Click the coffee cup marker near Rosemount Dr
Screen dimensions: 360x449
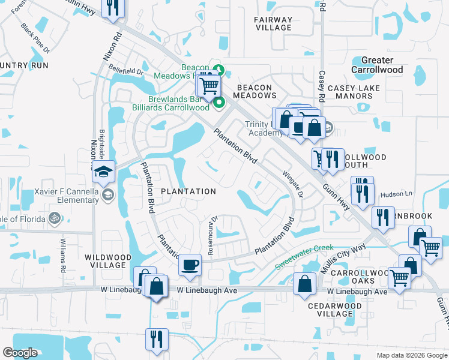(x=190, y=265)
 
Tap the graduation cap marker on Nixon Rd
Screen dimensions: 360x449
(x=103, y=172)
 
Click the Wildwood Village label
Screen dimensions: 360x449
(x=107, y=262)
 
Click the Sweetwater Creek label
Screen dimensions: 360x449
(x=304, y=257)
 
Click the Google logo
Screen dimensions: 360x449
(x=20, y=353)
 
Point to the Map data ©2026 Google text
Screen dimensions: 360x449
(x=411, y=355)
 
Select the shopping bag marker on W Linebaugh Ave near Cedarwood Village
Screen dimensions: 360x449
(x=305, y=283)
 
